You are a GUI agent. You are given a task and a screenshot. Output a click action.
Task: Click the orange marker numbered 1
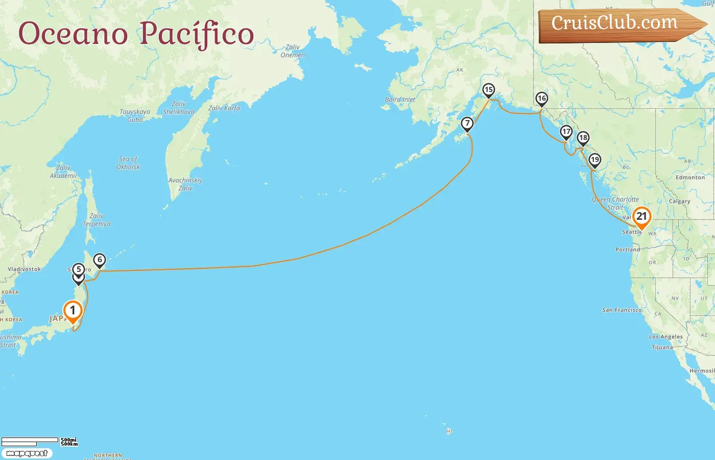coord(73,311)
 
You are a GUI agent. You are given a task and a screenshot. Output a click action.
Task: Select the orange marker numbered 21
coord(641,216)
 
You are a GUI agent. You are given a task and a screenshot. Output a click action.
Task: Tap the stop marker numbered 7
coord(467,124)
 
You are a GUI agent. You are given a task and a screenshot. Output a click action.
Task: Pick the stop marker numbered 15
coord(489,90)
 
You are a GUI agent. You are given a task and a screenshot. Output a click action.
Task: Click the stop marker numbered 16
coord(542,99)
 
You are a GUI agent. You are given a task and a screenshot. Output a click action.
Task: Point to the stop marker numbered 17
coord(566,132)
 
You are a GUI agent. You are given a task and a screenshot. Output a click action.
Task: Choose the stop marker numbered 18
coord(583,138)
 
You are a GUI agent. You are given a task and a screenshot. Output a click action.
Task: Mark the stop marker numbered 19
coord(594,160)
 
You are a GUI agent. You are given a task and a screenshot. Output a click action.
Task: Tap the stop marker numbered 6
coord(100,260)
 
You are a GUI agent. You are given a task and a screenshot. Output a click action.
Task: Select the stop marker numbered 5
coord(78,269)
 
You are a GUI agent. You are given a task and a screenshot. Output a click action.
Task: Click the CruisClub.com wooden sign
coord(615,24)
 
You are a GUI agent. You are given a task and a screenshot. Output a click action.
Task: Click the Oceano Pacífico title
coord(136,34)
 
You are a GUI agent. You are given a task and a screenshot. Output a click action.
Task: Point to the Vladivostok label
coord(24,269)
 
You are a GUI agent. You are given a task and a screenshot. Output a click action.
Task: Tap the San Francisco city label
coord(622,310)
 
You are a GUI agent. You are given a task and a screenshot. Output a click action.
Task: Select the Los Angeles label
coord(665,337)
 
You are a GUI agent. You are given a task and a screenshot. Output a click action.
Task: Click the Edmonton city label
coord(690,177)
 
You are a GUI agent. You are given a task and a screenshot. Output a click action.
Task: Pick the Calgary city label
coord(679,201)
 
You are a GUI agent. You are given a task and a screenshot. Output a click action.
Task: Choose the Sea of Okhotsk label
coord(128,163)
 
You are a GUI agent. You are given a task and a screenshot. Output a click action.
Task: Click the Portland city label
coord(628,250)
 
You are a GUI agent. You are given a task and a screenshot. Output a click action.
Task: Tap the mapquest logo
coord(27,453)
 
